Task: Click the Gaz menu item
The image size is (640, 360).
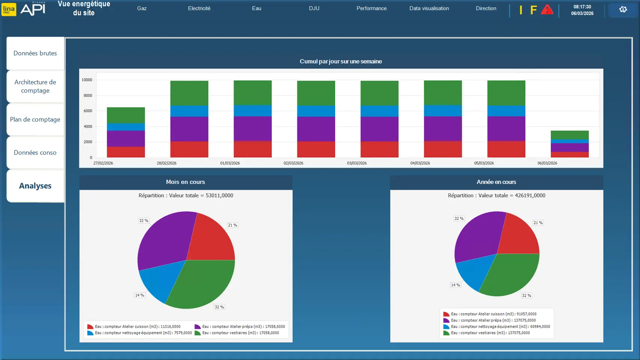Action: click(142, 8)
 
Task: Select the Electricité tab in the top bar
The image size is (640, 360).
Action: click(199, 8)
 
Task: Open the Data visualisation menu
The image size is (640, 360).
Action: click(429, 8)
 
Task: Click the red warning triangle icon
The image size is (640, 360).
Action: click(547, 10)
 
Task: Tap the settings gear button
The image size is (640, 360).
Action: click(623, 10)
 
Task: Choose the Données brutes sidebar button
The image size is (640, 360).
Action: click(35, 53)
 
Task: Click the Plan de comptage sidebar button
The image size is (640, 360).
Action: click(35, 120)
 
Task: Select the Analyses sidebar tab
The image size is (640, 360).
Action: click(35, 186)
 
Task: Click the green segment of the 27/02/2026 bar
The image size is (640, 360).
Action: click(126, 115)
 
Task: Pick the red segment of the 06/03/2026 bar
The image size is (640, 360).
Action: click(570, 154)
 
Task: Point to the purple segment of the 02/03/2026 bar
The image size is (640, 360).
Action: click(316, 129)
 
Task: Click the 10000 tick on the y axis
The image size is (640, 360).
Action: click(87, 80)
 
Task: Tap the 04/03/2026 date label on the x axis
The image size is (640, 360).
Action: click(420, 163)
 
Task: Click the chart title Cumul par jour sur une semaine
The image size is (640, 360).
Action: click(340, 61)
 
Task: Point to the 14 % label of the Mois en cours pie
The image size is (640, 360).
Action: click(139, 295)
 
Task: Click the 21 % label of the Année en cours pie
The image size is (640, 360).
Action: click(538, 223)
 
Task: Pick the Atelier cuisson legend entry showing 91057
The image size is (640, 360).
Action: click(493, 314)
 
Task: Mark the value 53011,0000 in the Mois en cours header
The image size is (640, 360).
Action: click(219, 195)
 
